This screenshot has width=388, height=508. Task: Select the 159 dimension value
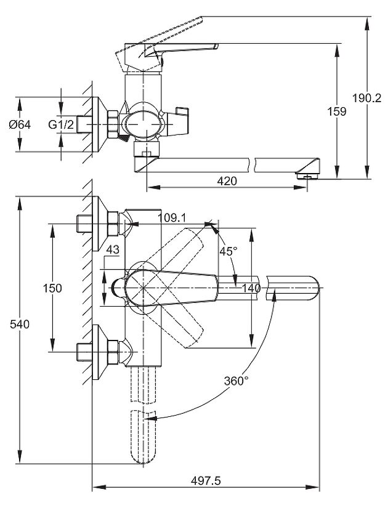click(337, 112)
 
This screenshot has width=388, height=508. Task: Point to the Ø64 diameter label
click(20, 124)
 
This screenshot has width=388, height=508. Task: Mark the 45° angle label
click(228, 251)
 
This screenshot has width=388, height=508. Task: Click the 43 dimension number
click(112, 249)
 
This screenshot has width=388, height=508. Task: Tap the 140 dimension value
click(252, 288)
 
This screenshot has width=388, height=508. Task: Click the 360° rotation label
click(236, 381)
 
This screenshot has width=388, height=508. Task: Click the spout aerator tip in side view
click(306, 176)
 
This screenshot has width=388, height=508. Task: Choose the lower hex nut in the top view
click(113, 352)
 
